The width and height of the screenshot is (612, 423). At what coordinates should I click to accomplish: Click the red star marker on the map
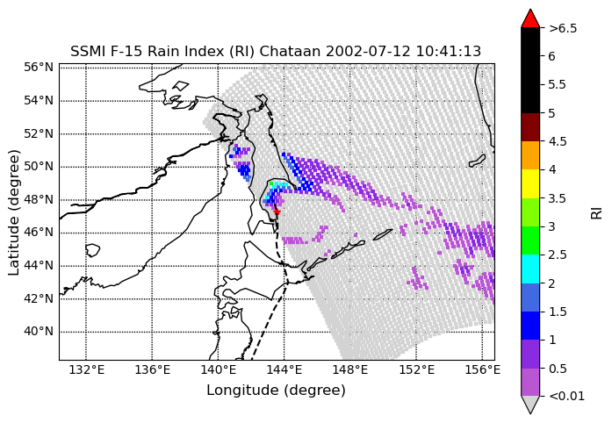tap(277, 211)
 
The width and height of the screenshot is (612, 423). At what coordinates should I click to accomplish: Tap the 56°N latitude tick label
tap(39, 67)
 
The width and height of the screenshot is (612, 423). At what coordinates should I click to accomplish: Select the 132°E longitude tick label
tap(86, 369)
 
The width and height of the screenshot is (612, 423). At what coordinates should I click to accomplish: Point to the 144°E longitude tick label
tap(284, 369)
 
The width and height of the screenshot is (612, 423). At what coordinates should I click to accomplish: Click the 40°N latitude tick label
tap(39, 332)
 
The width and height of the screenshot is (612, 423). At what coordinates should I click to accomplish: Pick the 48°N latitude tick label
tap(39, 199)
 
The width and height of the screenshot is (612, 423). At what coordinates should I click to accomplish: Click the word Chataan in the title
tap(291, 52)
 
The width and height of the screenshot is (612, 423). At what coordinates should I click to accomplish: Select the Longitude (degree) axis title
tap(276, 391)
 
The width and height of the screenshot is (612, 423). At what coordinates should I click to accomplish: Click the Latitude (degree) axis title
tap(13, 212)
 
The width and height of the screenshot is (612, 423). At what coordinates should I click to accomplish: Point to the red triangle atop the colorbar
tap(530, 18)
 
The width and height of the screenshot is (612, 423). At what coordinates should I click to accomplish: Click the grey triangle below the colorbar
tap(530, 405)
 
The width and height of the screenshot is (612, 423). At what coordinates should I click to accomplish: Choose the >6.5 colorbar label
tap(563, 28)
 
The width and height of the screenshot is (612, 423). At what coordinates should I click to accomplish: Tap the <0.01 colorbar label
tap(566, 397)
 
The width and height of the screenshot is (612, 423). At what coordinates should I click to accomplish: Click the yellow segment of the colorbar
tap(530, 183)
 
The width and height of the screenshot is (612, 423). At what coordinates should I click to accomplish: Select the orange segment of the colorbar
tap(530, 155)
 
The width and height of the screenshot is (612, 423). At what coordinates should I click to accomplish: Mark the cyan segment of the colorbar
tap(530, 269)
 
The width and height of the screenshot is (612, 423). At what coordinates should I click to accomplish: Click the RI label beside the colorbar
tap(597, 213)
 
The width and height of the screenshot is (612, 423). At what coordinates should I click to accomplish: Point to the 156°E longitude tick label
tap(482, 369)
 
